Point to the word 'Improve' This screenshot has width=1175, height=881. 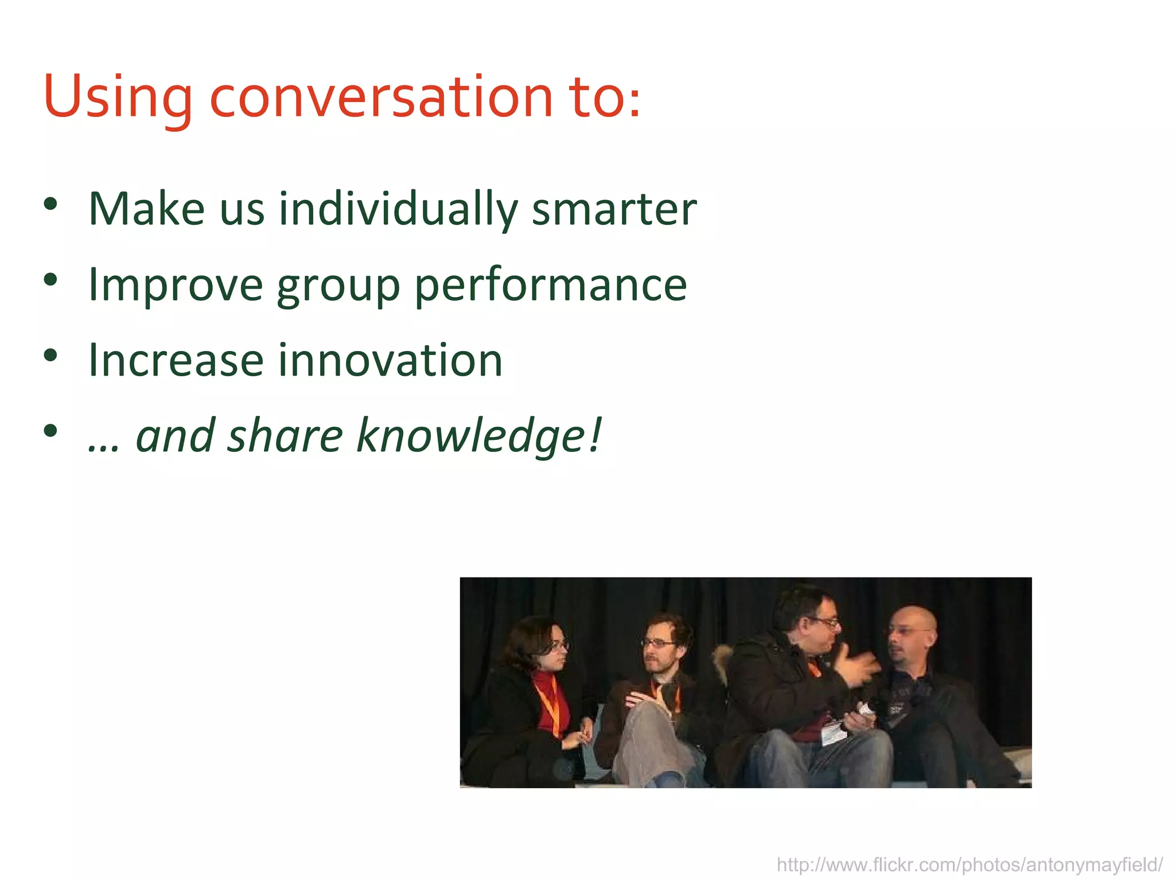point(175,285)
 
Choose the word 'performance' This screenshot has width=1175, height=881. point(551,285)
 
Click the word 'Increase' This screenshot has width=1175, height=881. point(175,361)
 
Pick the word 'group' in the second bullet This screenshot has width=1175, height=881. point(338,285)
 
